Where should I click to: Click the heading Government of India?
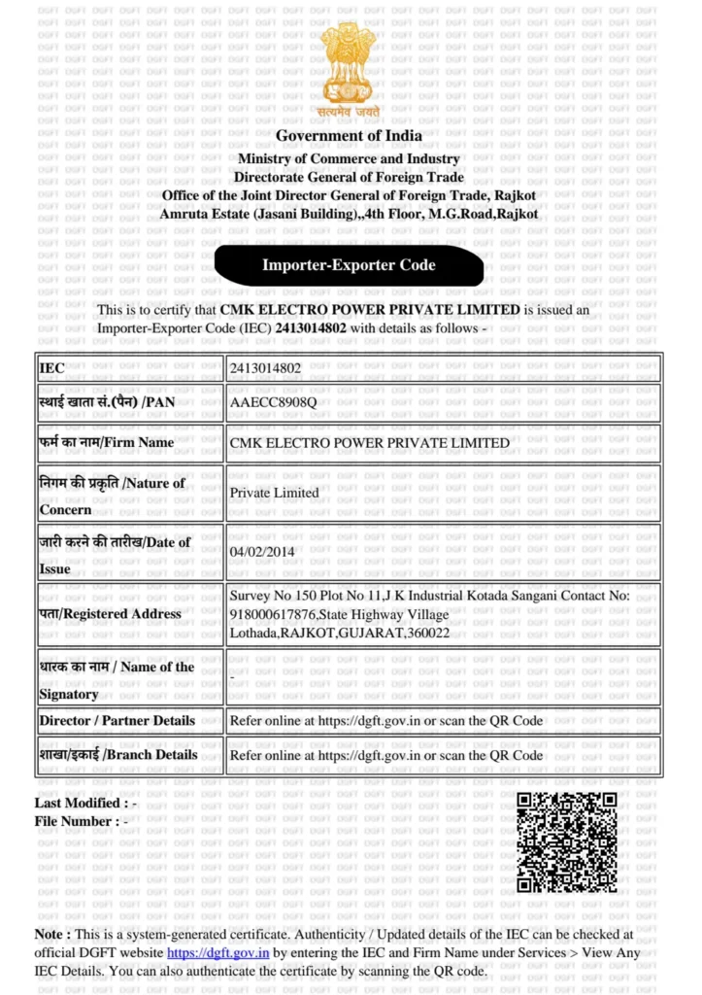click(349, 136)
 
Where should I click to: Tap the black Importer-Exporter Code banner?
click(349, 265)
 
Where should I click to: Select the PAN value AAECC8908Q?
click(273, 402)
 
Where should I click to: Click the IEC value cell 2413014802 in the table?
click(265, 368)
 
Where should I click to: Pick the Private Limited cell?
click(274, 493)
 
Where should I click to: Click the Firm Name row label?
click(107, 442)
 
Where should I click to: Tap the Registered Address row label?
click(110, 614)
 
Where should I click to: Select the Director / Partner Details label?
click(117, 721)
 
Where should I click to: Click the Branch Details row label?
click(117, 754)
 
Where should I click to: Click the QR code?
click(566, 841)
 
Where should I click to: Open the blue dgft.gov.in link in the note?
click(217, 953)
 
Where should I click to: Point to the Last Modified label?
click(79, 804)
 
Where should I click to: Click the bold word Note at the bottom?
click(50, 935)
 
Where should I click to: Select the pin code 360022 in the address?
click(427, 633)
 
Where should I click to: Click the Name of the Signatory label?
click(117, 680)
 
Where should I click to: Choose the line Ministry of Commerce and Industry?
click(349, 158)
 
